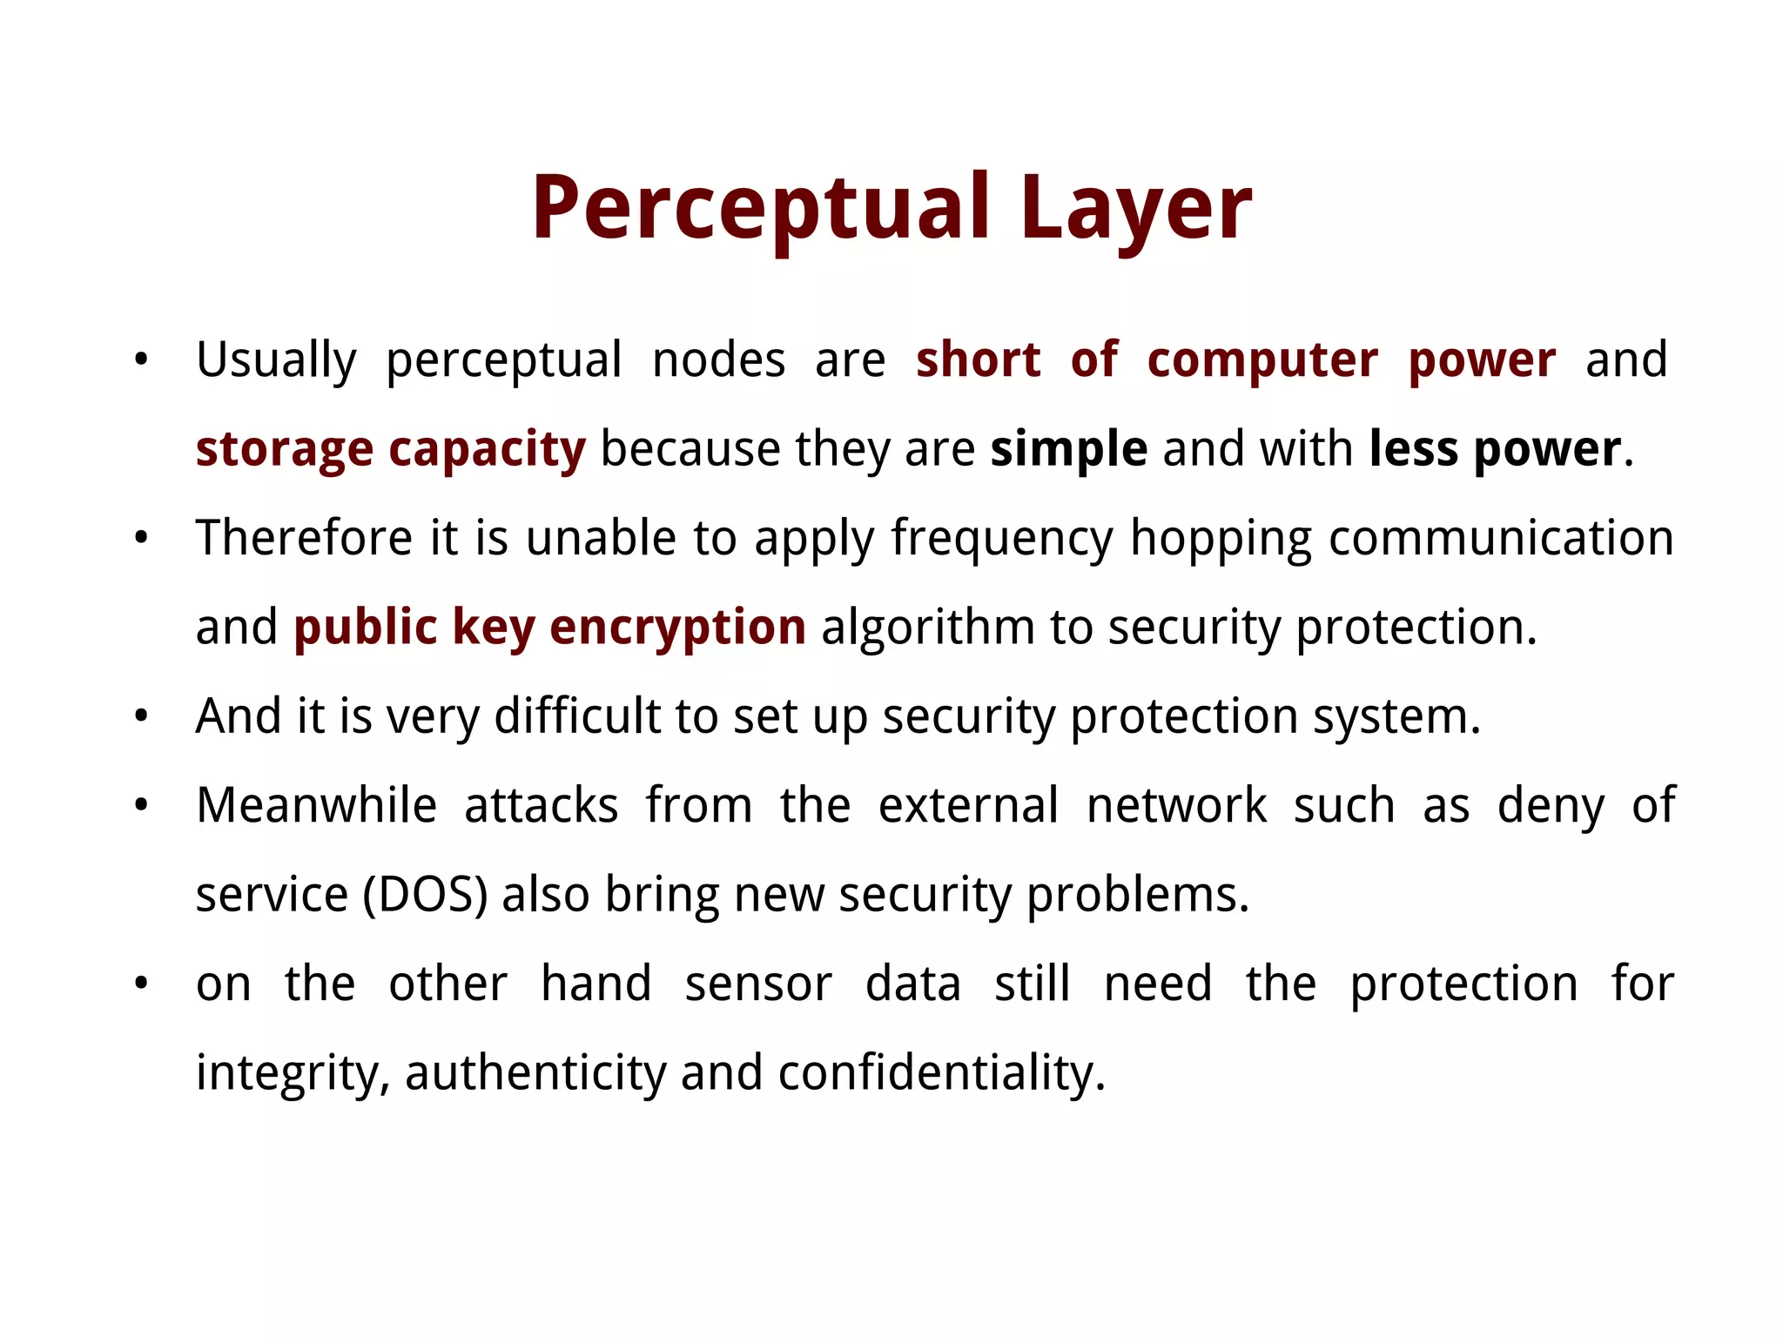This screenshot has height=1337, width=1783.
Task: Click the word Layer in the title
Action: click(1135, 209)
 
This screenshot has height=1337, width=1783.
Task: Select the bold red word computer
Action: click(1262, 360)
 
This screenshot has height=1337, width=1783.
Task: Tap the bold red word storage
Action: click(284, 451)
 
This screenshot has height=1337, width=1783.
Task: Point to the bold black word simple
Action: click(1068, 449)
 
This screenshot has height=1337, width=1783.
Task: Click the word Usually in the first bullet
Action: click(276, 360)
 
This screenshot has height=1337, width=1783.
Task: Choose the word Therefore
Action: click(304, 538)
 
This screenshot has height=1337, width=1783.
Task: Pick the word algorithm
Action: click(927, 628)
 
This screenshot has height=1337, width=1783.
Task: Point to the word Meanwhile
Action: click(316, 805)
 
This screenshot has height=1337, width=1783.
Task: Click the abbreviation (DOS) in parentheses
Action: click(425, 895)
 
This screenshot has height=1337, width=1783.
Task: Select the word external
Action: click(968, 805)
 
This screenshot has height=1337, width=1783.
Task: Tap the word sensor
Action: click(758, 984)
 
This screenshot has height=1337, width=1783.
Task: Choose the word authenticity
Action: click(535, 1073)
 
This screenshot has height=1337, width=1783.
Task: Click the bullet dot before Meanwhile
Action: click(141, 805)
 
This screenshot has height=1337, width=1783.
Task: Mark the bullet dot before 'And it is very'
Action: click(141, 716)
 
